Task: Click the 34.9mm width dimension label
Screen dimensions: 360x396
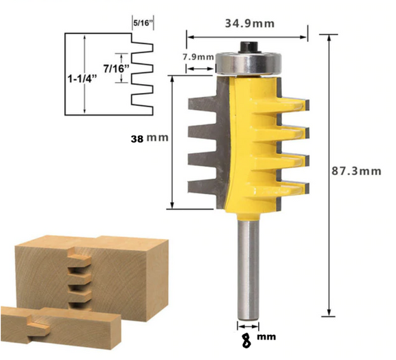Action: click(249, 24)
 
